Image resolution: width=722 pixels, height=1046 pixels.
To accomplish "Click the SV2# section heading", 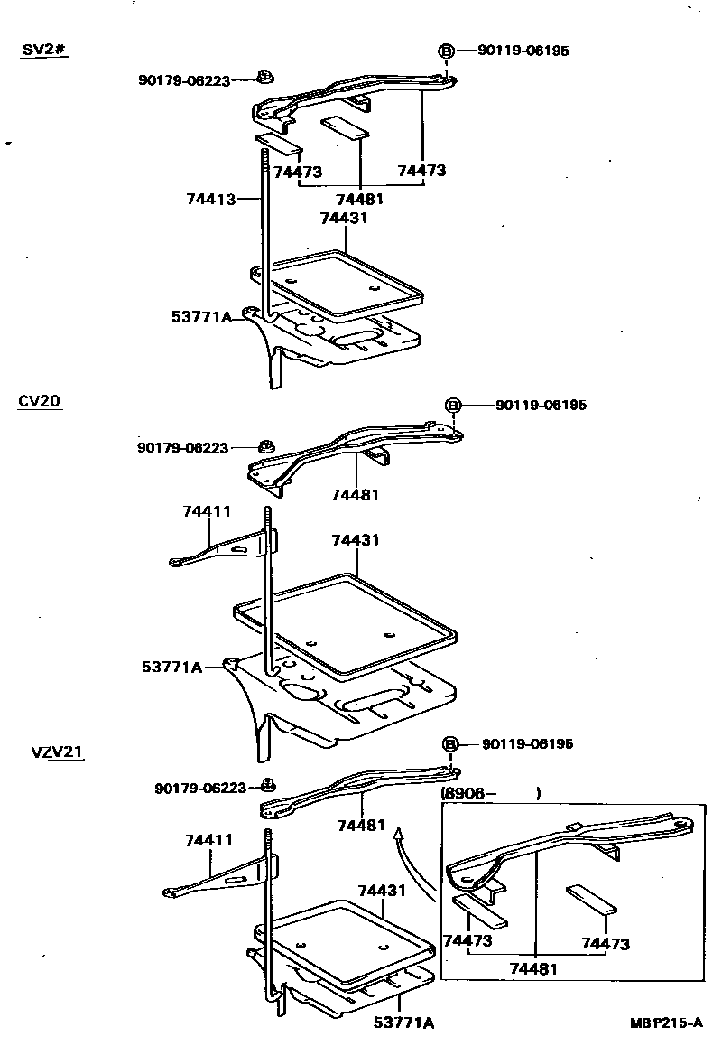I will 44,49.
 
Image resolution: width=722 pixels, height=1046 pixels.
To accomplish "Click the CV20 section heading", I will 40,401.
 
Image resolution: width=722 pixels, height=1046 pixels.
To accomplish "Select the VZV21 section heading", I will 58,752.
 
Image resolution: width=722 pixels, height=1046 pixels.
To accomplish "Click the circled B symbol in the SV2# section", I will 446,51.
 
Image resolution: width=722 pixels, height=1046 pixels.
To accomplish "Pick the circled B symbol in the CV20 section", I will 454,405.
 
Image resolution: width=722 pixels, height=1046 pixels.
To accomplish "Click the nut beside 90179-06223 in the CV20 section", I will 266,446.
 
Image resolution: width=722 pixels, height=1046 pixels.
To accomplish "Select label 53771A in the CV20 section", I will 171,667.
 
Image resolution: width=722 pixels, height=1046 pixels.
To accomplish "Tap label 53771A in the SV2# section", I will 200,316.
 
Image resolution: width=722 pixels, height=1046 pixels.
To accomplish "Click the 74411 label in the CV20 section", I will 207,511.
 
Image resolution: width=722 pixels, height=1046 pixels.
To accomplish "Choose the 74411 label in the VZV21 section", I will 208,840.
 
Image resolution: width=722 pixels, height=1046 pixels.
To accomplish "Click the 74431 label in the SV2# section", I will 343,218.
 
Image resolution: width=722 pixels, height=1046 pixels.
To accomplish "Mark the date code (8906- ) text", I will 490,794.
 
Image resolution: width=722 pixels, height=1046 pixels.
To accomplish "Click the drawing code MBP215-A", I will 666,1023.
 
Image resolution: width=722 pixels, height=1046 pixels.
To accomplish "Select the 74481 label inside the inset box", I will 532,967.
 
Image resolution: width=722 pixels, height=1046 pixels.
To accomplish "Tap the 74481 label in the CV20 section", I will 355,494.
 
